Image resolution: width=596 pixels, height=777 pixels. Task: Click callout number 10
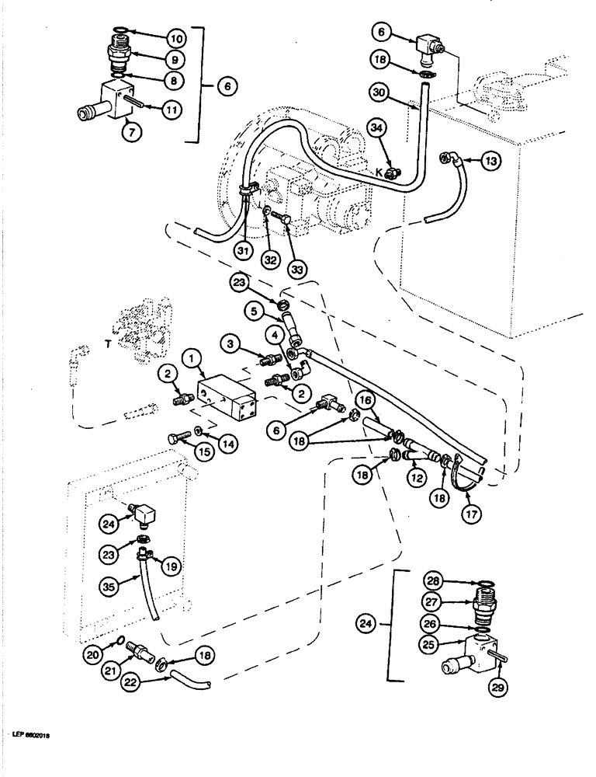(176, 37)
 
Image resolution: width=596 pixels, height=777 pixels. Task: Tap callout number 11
(172, 110)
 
